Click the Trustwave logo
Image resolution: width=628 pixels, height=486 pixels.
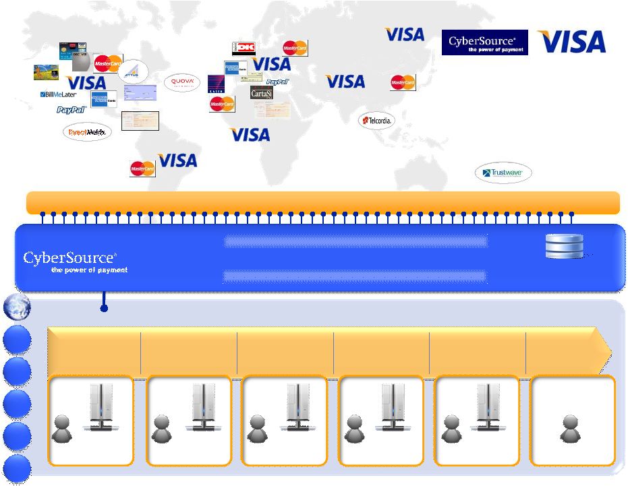pos(503,173)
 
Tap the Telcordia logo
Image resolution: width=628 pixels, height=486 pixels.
pos(376,120)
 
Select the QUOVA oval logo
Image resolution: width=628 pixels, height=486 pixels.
pos(182,82)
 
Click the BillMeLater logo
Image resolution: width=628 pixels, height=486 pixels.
pos(59,95)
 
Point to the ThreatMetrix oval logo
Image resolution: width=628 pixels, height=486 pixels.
pos(87,132)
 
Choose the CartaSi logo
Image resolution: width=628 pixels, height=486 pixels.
pos(261,93)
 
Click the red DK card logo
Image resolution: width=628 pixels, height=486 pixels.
pos(244,49)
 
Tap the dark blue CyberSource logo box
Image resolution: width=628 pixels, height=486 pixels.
pos(484,42)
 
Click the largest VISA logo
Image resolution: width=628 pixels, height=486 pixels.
pos(571,42)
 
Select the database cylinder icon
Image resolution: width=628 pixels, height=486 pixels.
pos(564,247)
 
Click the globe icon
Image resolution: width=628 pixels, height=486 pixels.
pos(16,307)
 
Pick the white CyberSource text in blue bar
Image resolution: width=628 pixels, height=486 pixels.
pos(69,257)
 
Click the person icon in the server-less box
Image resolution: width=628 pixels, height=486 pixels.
pos(571,429)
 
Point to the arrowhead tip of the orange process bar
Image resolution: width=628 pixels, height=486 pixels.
pos(610,351)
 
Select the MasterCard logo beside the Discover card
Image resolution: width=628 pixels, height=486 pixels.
pos(107,63)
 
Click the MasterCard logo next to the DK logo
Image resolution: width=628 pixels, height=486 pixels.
pos(295,48)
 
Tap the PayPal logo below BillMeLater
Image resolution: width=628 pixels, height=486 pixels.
pos(72,109)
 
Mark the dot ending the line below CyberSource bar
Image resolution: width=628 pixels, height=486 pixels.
pos(104,309)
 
